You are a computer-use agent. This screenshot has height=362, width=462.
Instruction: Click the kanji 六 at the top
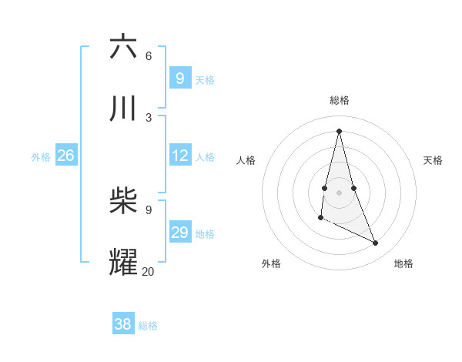pos(123,47)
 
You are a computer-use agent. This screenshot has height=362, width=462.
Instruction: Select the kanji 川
pos(123,109)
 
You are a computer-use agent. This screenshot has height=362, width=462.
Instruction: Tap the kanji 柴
pos(123,201)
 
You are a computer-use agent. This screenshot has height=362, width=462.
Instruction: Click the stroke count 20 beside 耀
pos(148,270)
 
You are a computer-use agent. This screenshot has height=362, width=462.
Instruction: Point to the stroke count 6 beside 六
pos(148,55)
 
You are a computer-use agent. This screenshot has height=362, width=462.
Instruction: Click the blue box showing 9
pos(179,78)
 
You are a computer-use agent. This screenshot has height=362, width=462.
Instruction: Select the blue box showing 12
pos(179,156)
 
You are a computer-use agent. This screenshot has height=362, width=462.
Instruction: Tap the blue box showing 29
pos(179,233)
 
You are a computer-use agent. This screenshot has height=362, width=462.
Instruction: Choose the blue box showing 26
pos(65,156)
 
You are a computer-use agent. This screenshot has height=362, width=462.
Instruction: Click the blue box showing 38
pos(122,324)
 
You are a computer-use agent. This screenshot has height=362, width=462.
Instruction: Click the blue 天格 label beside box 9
pos(205,79)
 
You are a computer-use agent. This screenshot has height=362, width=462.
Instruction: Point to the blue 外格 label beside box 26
pos(41,157)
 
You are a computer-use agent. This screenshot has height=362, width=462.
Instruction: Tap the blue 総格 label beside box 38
pos(148,326)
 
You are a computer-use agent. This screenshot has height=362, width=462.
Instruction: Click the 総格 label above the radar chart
pos(339,100)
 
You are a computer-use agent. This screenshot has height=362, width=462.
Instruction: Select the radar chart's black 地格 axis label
pos(403,263)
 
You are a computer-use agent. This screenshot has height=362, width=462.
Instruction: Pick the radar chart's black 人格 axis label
pos(246,160)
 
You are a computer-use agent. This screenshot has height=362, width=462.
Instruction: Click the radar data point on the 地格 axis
pos(376,243)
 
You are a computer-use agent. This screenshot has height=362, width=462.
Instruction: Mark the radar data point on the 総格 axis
pos(339,130)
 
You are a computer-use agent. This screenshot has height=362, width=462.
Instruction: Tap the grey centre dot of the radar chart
pos(339,193)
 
